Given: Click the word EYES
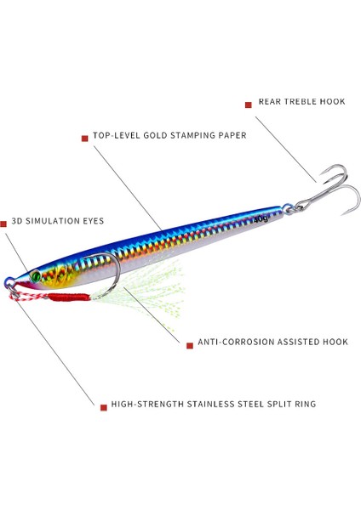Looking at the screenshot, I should coord(94,221).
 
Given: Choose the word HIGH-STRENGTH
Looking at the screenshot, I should coord(146,405).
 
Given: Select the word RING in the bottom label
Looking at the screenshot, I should coord(303,405).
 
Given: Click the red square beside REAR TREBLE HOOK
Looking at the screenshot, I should coord(249,104).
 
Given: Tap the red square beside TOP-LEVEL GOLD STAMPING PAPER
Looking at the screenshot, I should coord(84,137).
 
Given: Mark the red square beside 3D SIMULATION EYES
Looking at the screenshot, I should coord(4,223).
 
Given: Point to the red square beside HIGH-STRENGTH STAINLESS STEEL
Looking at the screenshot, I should coord(103,405).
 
